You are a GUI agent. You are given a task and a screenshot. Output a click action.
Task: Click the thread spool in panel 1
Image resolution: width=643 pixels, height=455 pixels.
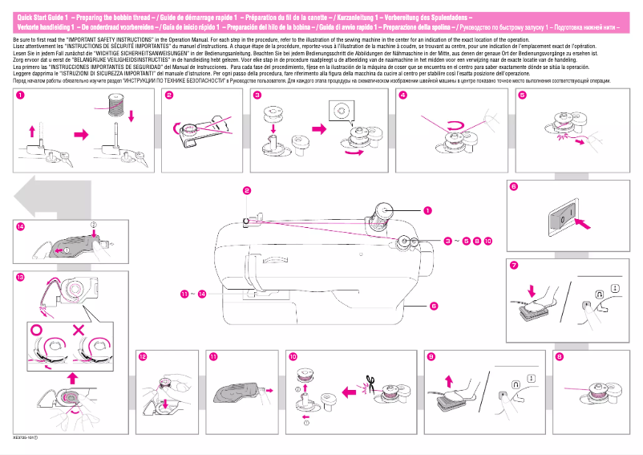click(117, 105)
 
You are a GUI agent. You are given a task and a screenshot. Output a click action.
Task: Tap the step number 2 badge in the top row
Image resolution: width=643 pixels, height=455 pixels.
click(169, 95)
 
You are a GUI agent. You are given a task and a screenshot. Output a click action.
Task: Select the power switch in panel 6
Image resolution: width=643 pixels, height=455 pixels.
click(564, 216)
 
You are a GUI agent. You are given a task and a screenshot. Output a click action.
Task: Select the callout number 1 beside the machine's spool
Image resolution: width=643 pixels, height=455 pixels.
click(427, 210)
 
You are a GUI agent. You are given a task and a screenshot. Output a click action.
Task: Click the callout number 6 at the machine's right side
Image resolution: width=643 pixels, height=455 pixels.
click(433, 305)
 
